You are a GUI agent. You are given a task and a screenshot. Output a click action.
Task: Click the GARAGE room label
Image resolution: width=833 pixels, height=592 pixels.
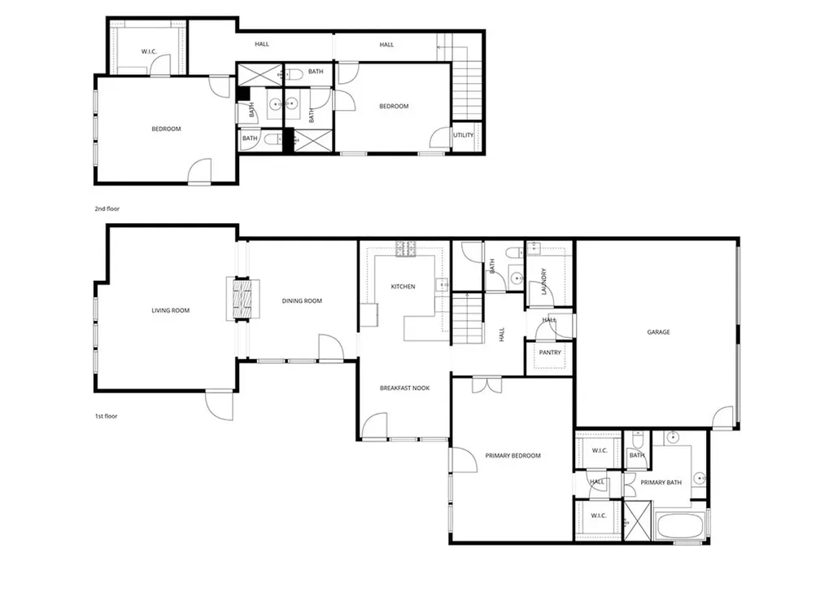tap(658, 331)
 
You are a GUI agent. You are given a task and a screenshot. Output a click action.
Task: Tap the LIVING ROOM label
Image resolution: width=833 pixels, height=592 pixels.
tap(170, 310)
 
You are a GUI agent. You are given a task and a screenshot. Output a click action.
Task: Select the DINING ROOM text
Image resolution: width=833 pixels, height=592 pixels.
tap(302, 301)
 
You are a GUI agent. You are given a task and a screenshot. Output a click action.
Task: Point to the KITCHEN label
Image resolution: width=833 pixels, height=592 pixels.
tap(403, 287)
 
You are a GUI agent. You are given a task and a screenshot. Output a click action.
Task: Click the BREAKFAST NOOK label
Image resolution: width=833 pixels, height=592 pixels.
tap(404, 388)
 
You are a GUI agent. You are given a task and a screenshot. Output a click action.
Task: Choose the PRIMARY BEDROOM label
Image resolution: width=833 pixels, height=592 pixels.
tap(512, 456)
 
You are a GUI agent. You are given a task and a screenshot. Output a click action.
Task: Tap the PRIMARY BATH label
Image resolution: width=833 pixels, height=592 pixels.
tap(661, 483)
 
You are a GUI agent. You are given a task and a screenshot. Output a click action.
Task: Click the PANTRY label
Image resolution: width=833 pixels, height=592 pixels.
tap(550, 353)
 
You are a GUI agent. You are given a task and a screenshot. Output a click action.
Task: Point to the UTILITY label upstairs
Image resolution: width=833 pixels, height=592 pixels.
tap(463, 135)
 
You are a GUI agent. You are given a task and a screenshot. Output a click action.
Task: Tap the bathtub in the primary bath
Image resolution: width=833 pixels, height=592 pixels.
tap(680, 525)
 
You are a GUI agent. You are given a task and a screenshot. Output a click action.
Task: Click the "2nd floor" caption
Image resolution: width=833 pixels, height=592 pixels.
tap(107, 209)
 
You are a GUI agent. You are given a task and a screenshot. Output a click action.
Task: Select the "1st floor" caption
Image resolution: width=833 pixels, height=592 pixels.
tap(106, 416)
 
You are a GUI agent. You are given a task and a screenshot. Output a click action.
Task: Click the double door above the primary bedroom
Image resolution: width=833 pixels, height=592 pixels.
tap(481, 384)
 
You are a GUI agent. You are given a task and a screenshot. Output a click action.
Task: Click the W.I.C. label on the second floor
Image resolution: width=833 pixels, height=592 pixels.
tap(149, 52)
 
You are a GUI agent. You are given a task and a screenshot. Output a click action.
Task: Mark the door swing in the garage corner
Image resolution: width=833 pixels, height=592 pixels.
tap(722, 419)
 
